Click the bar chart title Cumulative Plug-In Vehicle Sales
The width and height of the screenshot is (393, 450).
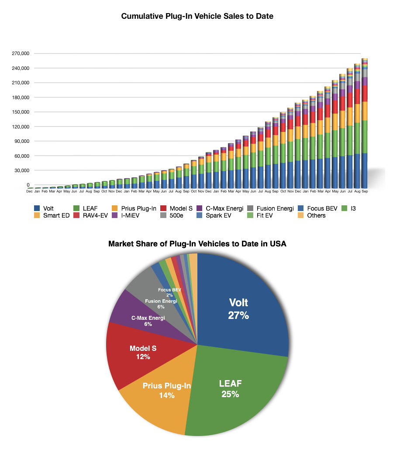[x=197, y=17]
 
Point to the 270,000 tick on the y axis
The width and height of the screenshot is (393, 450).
[x=20, y=54]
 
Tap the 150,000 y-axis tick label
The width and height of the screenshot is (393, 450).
[x=20, y=112]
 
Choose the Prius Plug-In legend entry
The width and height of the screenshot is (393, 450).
[x=138, y=208]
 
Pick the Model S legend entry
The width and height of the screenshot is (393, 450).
[x=181, y=208]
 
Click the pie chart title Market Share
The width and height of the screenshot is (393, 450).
[x=197, y=244]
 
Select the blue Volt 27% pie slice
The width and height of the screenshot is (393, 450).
[x=245, y=306]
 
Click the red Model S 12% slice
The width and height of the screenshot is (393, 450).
[x=140, y=354]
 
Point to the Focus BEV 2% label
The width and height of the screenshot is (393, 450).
[x=170, y=292]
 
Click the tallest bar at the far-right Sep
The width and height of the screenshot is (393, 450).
[x=364, y=131]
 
